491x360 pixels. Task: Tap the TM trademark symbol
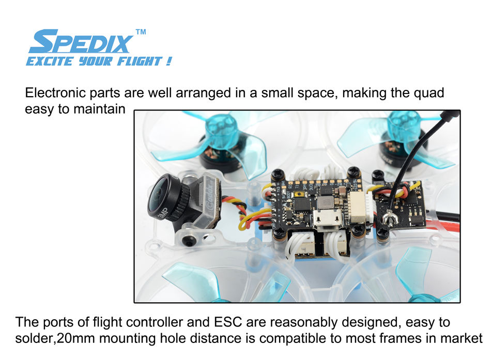pyautogui.click(x=141, y=32)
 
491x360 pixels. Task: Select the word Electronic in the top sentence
pyautogui.click(x=55, y=92)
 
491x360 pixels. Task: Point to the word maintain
pyautogui.click(x=99, y=109)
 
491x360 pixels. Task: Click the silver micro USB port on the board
pyautogui.click(x=328, y=216)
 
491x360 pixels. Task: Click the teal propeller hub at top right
pyautogui.click(x=403, y=124)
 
